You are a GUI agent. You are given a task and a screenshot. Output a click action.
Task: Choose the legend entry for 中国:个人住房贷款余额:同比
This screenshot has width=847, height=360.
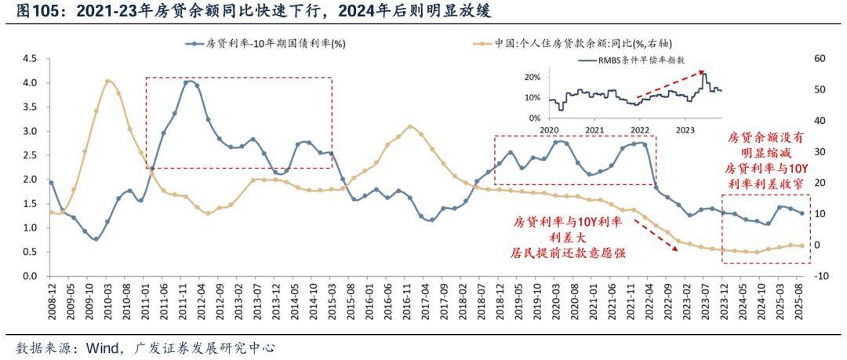coord(580,44)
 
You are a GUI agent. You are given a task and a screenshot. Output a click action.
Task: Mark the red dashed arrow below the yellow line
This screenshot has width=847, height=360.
coord(655,234)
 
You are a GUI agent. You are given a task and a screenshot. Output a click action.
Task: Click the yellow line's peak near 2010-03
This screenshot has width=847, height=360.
coord(107,80)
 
